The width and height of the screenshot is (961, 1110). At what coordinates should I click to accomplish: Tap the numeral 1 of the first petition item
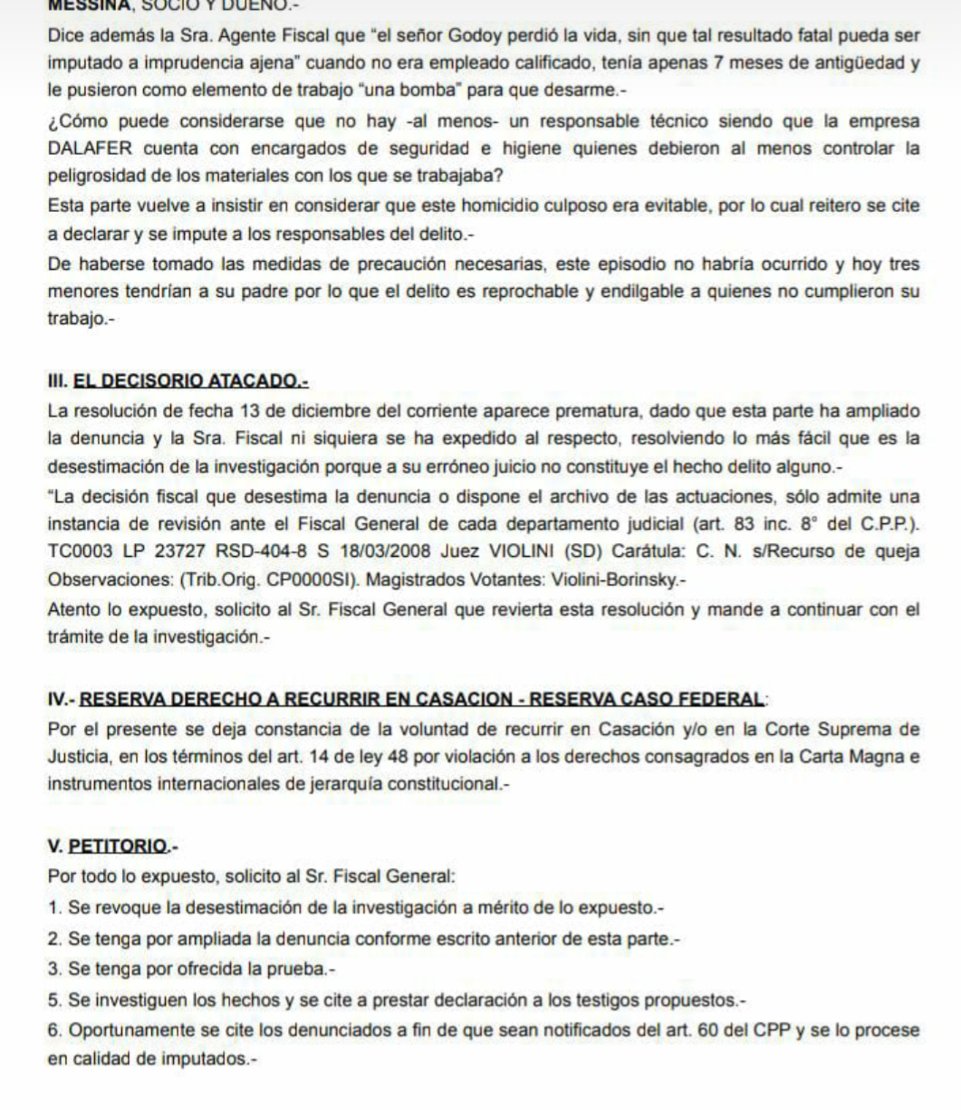[53, 907]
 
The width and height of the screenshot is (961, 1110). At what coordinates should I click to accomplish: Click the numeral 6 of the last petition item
[53, 1030]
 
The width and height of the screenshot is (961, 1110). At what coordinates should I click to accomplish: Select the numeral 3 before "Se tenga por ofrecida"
[53, 970]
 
